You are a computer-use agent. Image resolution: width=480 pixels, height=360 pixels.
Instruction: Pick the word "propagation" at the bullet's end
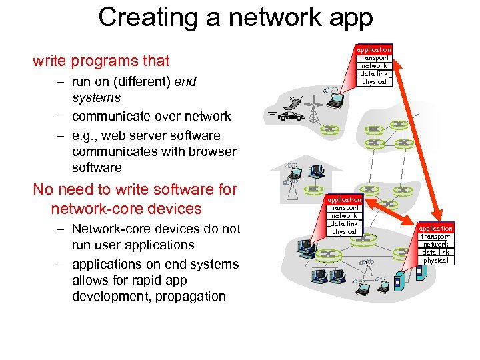(x=190, y=297)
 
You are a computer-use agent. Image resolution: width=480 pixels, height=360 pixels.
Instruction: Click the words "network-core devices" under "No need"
(x=126, y=209)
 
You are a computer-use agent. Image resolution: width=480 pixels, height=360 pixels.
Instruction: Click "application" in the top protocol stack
(x=373, y=50)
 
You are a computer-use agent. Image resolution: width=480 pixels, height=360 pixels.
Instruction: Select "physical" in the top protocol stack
(x=373, y=82)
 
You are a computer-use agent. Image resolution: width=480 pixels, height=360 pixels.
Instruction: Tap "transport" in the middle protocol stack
(x=344, y=208)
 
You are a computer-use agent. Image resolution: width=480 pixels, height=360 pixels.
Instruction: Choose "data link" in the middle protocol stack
(x=344, y=224)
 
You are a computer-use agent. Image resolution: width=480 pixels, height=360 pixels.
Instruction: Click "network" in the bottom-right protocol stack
(x=435, y=245)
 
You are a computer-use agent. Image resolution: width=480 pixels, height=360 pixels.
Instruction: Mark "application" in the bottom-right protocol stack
(x=435, y=229)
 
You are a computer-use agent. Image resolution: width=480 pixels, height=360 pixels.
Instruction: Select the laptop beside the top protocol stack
(x=335, y=100)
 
